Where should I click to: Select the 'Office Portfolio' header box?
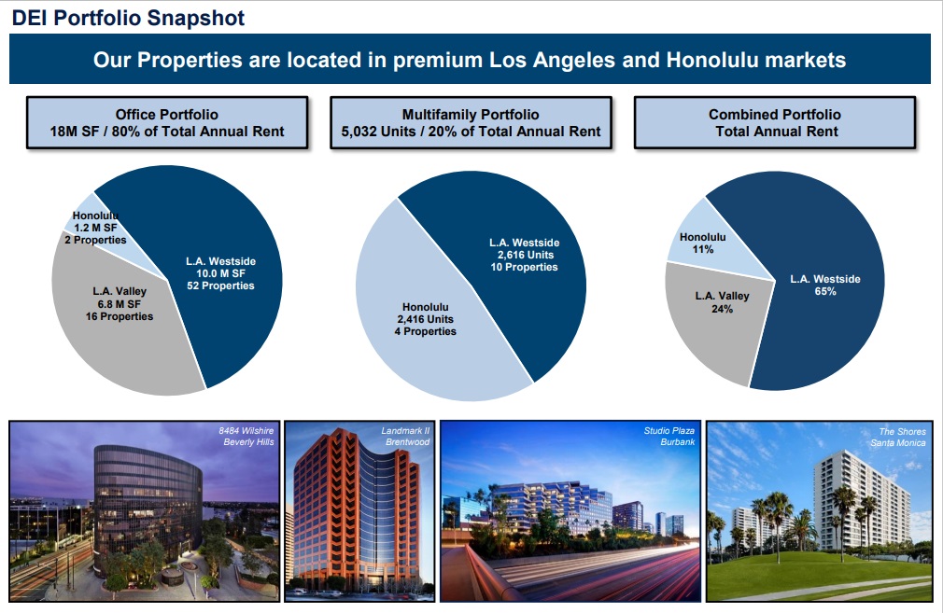(x=167, y=123)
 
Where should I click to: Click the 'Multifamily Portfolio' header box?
(x=471, y=123)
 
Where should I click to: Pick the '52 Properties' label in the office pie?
(x=220, y=286)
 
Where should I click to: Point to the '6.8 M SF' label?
(x=119, y=304)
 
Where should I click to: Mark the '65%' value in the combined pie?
(x=824, y=292)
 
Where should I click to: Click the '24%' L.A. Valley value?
(x=722, y=309)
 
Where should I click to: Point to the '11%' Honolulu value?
(x=703, y=250)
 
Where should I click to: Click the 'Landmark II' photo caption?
(x=405, y=431)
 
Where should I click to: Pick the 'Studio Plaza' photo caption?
(x=669, y=431)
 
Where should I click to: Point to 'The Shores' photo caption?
(x=902, y=432)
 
